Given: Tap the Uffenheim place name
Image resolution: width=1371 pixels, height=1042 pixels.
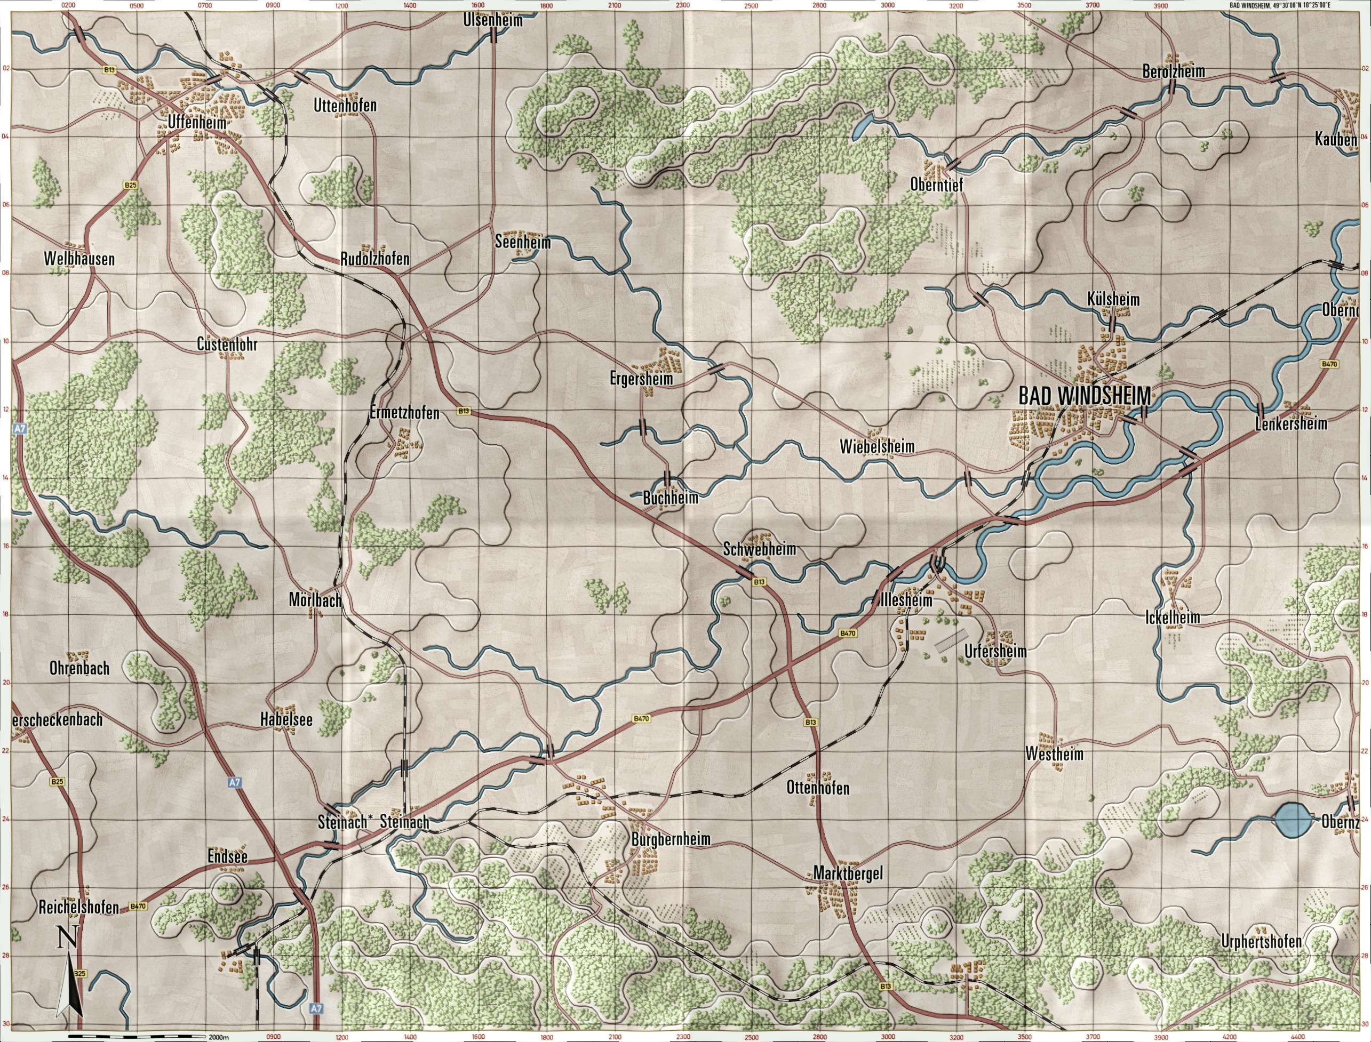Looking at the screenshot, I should (197, 123).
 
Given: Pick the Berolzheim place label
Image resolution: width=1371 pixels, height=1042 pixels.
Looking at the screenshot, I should (1173, 72).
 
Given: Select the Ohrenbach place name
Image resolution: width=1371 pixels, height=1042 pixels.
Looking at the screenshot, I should (79, 668).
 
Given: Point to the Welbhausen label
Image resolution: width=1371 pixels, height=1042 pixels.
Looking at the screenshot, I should (79, 259).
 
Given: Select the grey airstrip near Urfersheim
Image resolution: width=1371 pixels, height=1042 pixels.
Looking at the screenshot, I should (952, 640).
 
